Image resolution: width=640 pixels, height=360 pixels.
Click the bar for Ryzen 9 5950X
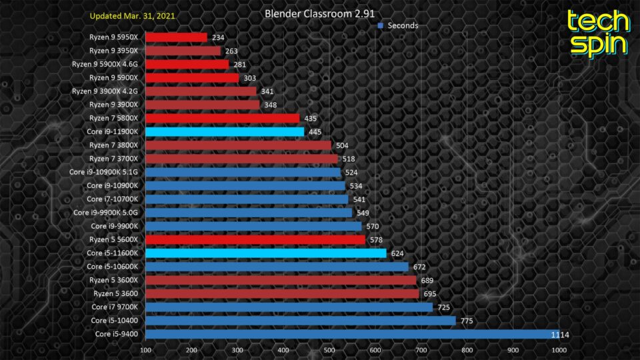click(176, 37)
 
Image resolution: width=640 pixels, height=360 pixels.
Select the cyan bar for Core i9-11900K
click(225, 131)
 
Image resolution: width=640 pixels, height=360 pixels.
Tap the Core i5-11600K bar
click(265, 253)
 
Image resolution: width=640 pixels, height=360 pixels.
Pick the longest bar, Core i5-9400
click(352, 334)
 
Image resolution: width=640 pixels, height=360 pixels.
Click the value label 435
click(310, 118)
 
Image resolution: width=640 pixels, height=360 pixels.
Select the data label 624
click(397, 253)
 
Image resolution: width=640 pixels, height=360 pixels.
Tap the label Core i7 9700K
click(115, 307)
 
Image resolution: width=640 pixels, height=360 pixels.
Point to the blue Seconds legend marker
click(380, 25)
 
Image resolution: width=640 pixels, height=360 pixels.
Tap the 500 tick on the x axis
click(329, 349)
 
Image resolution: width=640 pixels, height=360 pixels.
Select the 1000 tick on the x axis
click(558, 349)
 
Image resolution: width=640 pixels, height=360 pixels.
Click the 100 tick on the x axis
click(145, 349)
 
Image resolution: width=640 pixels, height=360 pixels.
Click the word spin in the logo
click(598, 45)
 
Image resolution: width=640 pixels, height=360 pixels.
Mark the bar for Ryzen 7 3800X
click(238, 145)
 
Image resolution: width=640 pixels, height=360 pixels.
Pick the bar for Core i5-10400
click(300, 321)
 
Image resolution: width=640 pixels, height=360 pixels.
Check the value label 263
click(231, 51)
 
